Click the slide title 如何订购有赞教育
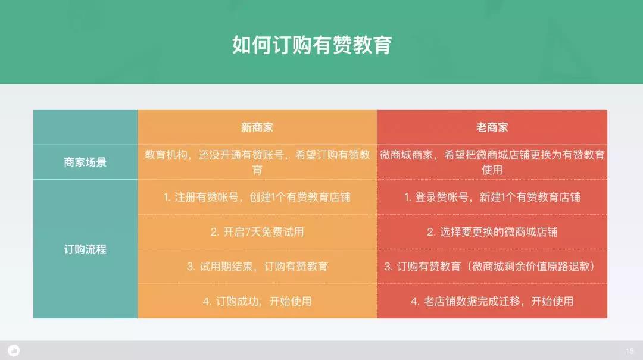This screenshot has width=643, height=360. (x=311, y=45)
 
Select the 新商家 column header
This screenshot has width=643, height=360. (x=257, y=127)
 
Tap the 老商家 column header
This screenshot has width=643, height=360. (x=492, y=127)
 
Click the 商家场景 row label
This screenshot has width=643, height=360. (x=85, y=162)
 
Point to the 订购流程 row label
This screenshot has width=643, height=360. (x=85, y=249)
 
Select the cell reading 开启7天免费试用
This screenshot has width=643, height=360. (x=257, y=232)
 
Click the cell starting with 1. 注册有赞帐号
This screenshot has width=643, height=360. (x=257, y=197)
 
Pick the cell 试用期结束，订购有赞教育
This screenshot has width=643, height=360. (x=257, y=267)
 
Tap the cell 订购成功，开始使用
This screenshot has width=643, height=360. (x=257, y=301)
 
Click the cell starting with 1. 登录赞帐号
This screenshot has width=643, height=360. (x=492, y=197)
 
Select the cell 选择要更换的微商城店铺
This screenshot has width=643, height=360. (x=492, y=232)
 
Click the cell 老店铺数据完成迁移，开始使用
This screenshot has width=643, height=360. (x=492, y=301)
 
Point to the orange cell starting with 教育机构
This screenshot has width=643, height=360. (x=257, y=162)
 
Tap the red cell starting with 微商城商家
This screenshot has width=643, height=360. (x=492, y=162)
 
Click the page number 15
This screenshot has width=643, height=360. (x=630, y=351)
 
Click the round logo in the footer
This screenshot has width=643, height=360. (x=14, y=350)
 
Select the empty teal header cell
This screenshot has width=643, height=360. (x=85, y=127)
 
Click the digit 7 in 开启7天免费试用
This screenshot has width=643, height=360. (x=247, y=232)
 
